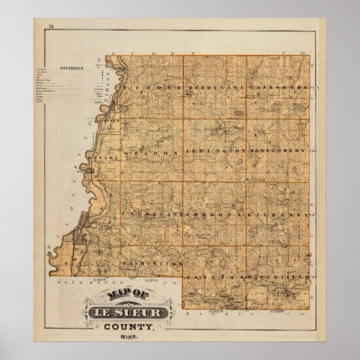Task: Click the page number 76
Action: [51, 26]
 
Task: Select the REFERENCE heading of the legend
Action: [73, 68]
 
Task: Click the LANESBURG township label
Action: [278, 88]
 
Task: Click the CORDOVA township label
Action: [215, 215]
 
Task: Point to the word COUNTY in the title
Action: [132, 326]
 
